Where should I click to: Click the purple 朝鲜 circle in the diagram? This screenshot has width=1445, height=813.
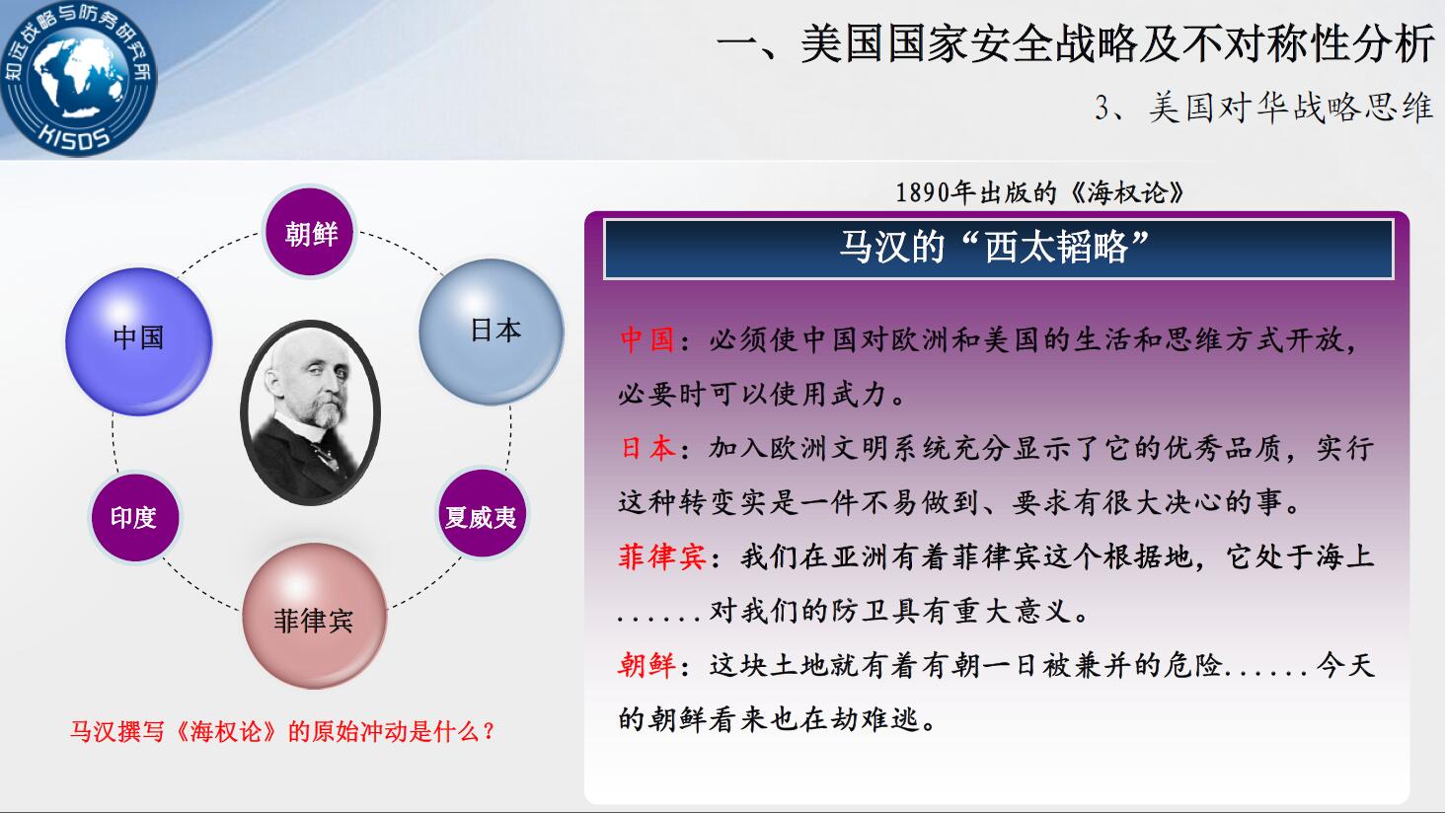310,232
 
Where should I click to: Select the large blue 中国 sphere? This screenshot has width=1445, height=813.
139,341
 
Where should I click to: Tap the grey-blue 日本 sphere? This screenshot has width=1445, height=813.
492,333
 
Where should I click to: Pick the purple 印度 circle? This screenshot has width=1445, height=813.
134,517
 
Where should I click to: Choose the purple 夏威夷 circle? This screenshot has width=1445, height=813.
482,513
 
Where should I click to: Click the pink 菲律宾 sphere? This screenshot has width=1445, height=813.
314,616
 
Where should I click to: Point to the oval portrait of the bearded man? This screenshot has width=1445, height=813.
310,412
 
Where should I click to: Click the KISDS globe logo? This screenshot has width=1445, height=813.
77,77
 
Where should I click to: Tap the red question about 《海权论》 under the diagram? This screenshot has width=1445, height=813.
282,732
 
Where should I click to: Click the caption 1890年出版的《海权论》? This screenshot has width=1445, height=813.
1040,192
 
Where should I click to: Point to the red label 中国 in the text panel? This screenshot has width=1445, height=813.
646,339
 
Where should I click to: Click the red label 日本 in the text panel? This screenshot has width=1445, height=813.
646,448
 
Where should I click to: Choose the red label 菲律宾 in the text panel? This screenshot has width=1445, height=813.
662,556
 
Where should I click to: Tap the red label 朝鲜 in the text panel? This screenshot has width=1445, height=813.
646,665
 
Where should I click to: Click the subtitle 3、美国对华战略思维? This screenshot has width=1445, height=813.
1263,108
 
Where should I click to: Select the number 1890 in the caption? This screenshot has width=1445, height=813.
923,192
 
